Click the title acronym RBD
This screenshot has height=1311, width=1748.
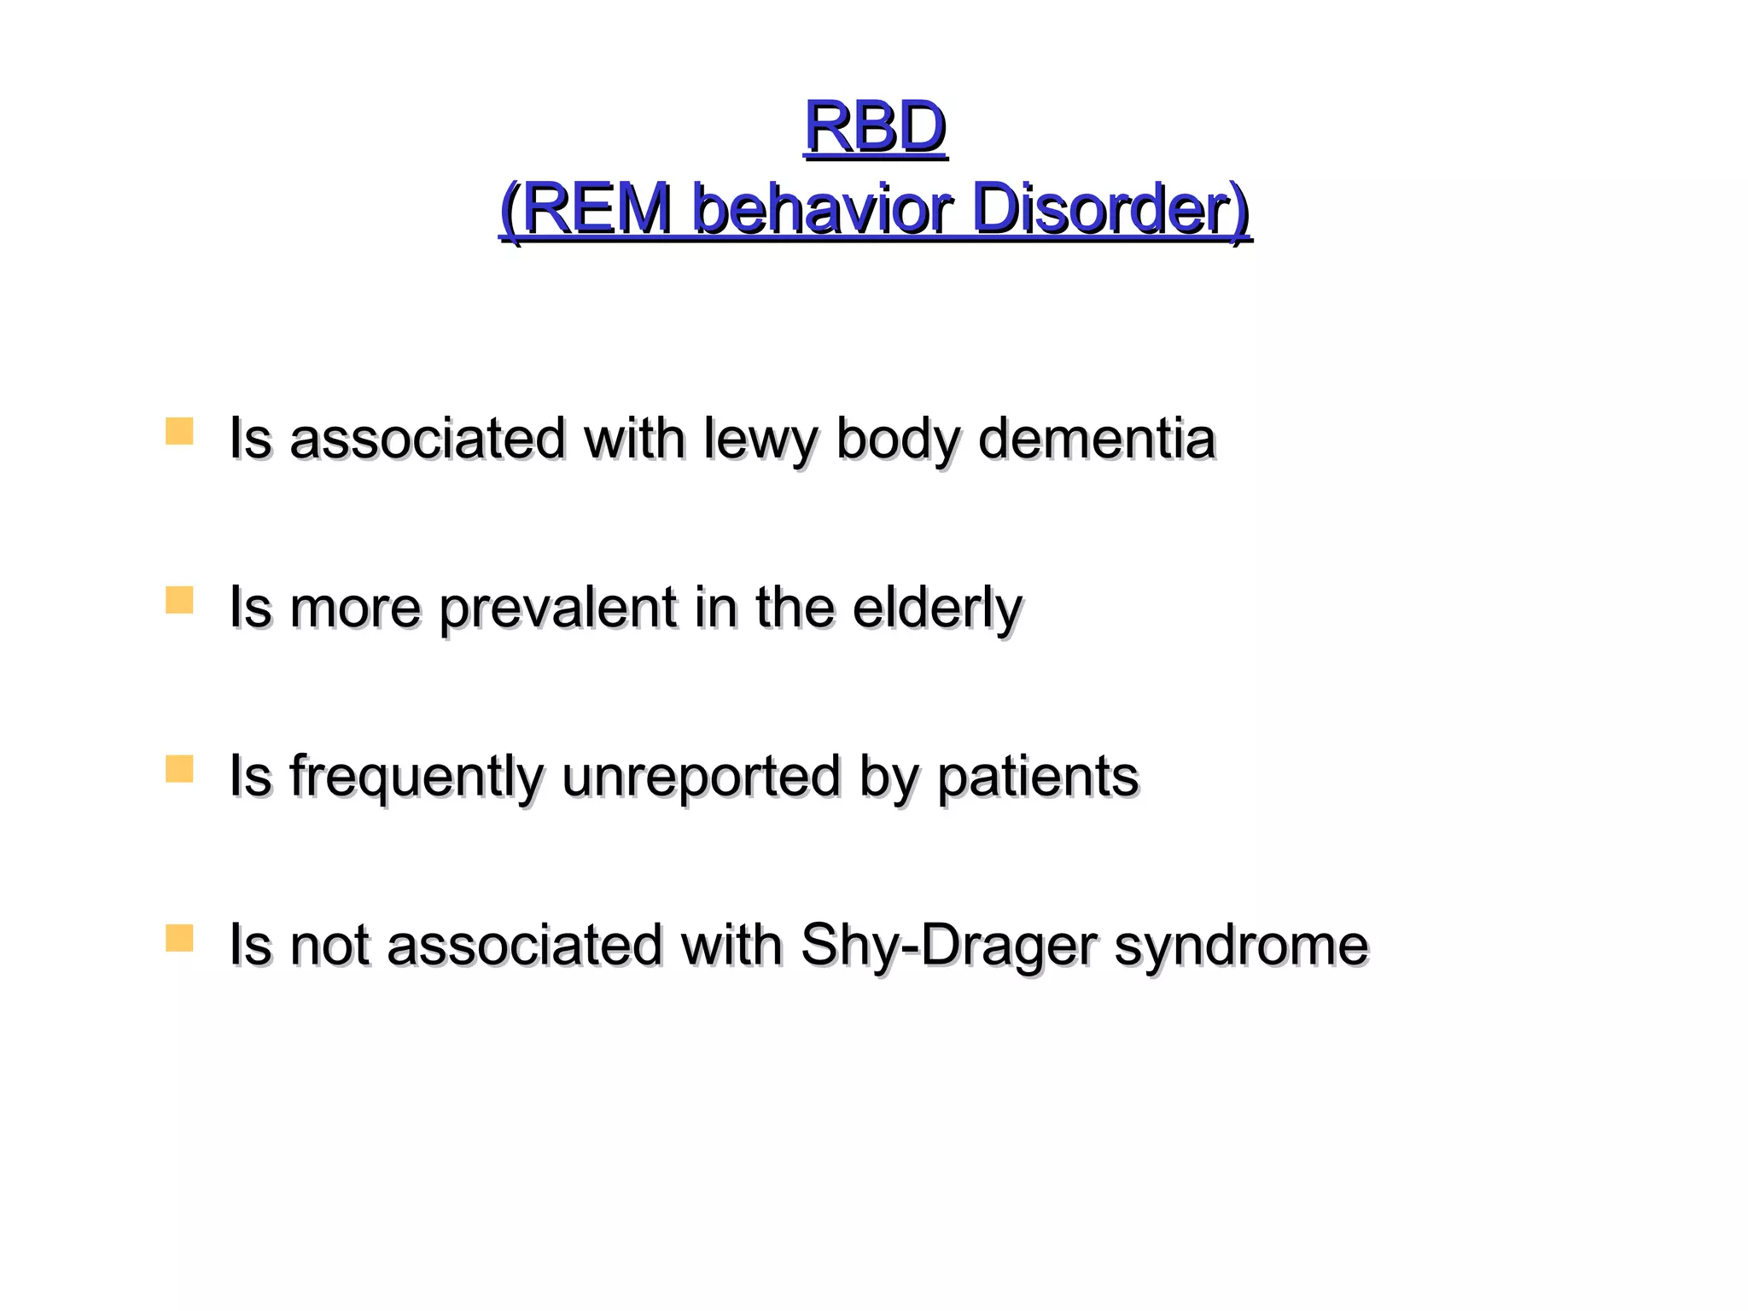(875, 126)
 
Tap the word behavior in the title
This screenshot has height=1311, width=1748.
(820, 209)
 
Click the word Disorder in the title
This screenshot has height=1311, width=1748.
(1101, 209)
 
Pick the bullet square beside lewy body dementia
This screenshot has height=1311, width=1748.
(179, 431)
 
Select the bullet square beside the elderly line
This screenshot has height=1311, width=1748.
(179, 600)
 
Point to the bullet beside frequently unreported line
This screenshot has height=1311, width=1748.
(179, 769)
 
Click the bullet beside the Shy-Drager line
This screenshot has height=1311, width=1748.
(179, 938)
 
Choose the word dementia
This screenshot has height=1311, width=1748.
(1097, 438)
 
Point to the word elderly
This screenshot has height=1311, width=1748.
(937, 609)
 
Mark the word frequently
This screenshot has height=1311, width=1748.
(417, 778)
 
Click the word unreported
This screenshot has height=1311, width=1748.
(701, 778)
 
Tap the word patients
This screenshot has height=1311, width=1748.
(1038, 778)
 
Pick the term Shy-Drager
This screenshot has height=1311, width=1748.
(948, 947)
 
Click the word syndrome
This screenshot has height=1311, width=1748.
(1241, 947)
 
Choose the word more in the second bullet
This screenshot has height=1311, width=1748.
(355, 609)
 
